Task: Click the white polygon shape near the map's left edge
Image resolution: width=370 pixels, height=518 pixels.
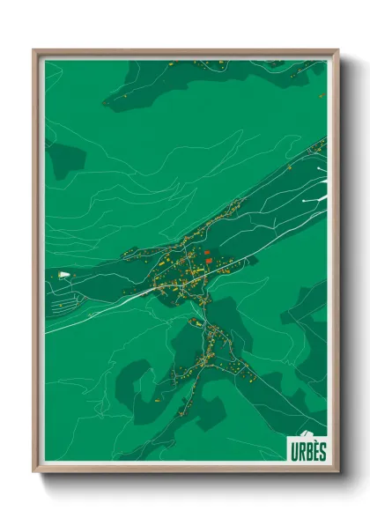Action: [63, 276]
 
